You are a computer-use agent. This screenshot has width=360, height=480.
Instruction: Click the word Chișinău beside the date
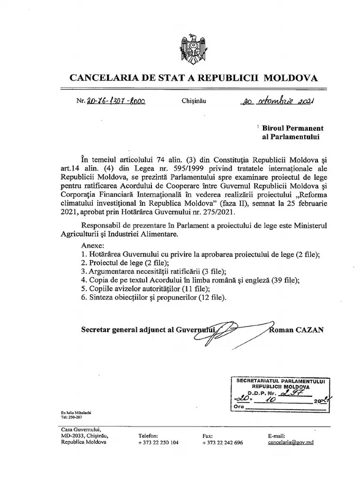pos(193,101)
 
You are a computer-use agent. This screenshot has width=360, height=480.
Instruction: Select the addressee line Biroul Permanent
pos(292,128)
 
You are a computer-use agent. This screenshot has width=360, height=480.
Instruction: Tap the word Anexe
pos(93,246)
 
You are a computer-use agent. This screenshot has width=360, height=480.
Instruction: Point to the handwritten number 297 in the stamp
pos(297,393)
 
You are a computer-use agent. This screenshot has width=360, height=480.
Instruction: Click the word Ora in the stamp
pos(240,408)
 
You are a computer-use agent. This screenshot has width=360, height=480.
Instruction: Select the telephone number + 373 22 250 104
pos(158,442)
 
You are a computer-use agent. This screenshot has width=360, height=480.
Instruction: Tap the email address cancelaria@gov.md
pos(291,442)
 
